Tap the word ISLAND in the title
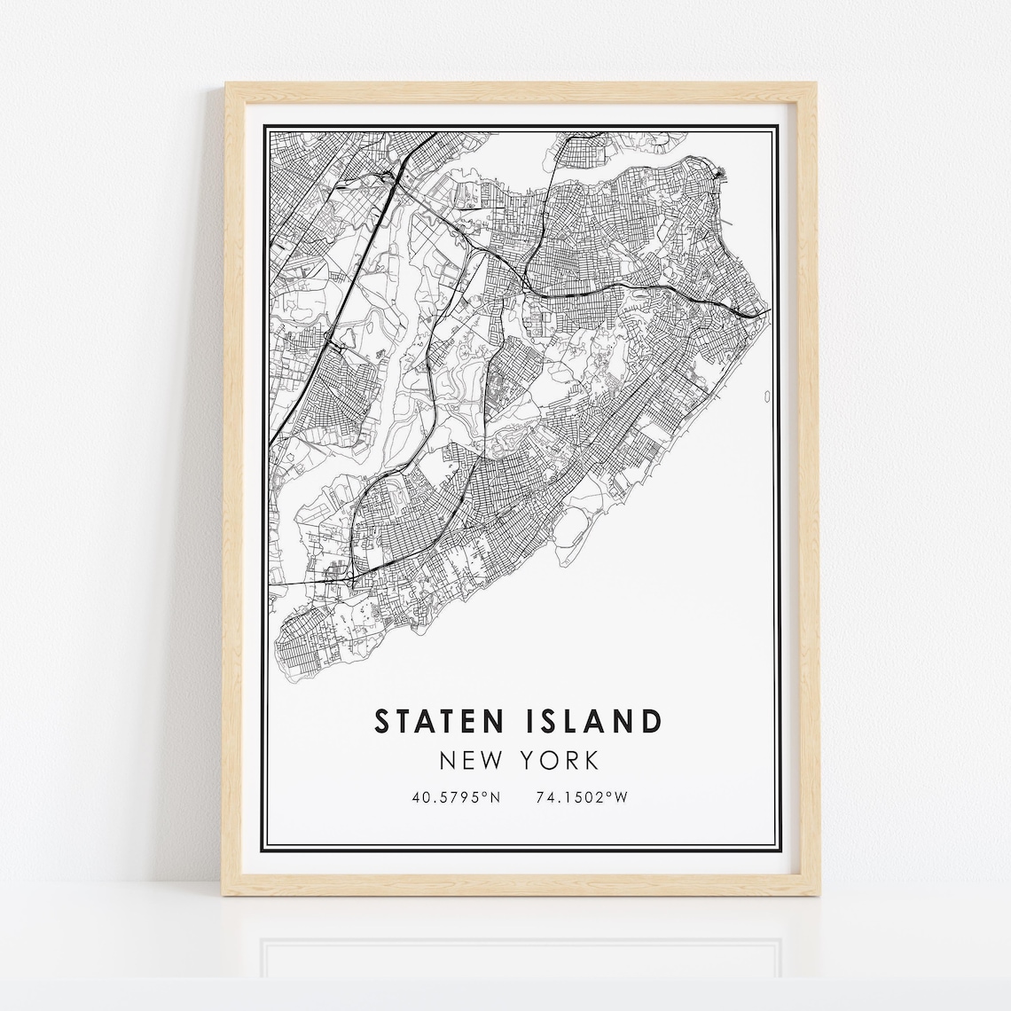coord(590,721)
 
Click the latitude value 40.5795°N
coord(456,797)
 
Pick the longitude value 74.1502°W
coord(582,797)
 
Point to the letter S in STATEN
coord(383,721)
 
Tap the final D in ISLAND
coord(650,721)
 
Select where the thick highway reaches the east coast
coord(764,313)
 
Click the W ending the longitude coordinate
coord(622,797)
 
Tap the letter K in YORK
coord(592,761)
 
